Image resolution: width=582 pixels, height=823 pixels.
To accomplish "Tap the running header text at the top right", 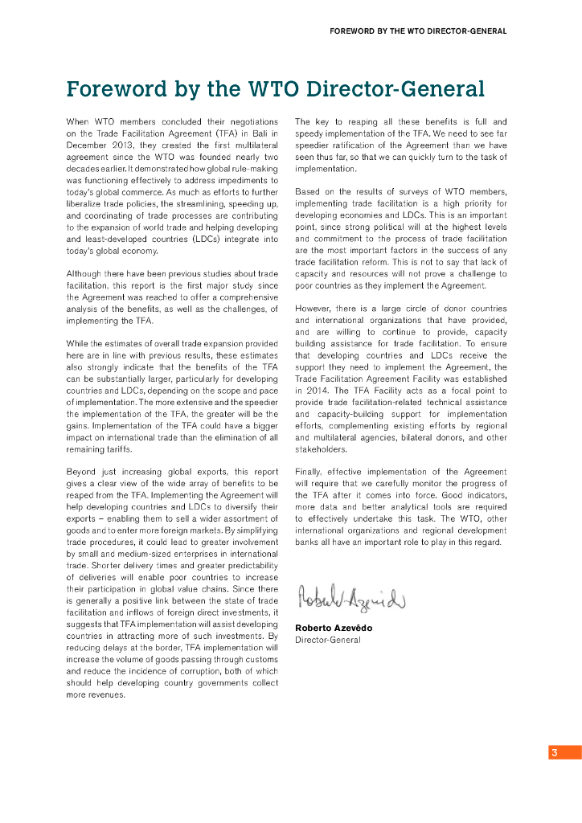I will tap(418, 31).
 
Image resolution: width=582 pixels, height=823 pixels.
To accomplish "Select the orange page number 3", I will tap(554, 753).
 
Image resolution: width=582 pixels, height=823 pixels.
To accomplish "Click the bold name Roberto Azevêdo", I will tap(334, 628).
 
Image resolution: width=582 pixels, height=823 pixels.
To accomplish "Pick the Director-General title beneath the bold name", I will tap(327, 640).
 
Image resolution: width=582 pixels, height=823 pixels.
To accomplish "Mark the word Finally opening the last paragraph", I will tap(309, 472).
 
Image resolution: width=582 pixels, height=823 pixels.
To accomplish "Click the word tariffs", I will tap(117, 449).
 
